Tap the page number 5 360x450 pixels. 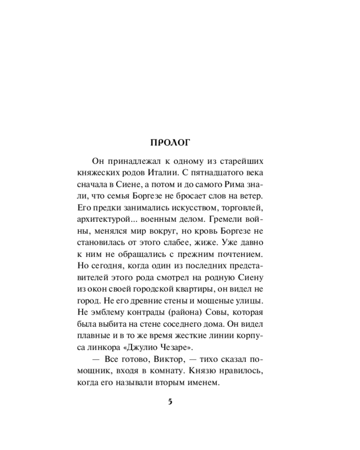170,402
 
